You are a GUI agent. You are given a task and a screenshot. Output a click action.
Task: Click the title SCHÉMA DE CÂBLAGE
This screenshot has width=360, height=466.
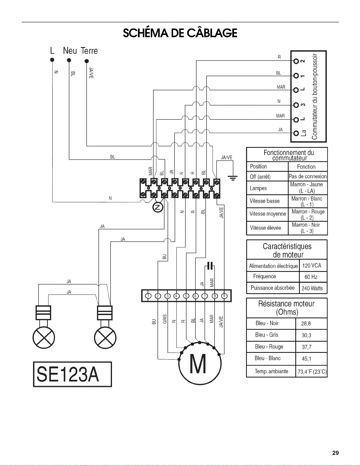point(180,33)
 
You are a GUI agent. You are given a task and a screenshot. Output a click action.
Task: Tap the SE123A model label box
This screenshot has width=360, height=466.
point(72,374)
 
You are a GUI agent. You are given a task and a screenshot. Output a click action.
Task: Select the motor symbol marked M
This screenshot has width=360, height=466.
point(200,363)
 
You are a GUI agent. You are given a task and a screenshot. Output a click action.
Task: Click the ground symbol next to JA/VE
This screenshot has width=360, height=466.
point(233,178)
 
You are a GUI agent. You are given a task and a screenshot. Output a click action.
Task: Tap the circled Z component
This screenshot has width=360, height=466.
point(158,207)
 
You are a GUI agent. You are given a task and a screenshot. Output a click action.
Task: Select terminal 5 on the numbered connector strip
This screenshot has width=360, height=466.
point(186,296)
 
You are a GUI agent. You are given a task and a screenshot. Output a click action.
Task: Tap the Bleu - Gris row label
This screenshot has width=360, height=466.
point(267,335)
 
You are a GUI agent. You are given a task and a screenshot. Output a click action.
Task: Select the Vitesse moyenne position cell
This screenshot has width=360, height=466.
point(267,214)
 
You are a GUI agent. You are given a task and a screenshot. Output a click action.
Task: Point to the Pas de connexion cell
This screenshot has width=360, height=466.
point(308,176)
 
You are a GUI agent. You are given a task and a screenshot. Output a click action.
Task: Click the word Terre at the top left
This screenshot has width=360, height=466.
point(89,51)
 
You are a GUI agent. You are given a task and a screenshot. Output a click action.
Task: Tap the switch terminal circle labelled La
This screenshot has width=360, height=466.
point(296,133)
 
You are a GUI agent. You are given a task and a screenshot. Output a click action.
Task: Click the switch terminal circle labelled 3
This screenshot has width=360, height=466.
point(296,105)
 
